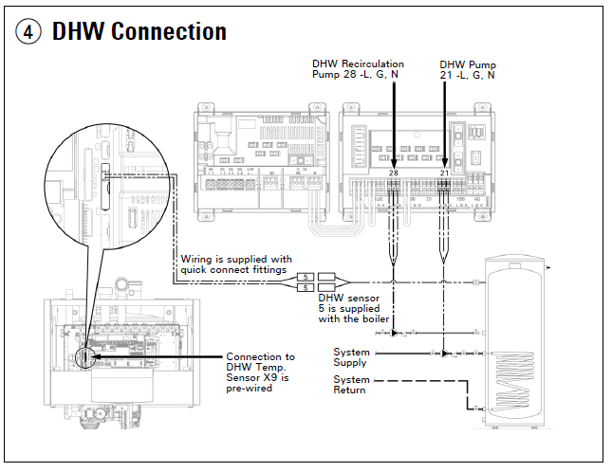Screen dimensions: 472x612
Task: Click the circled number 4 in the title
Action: (29, 31)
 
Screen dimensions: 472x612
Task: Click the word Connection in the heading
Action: (168, 31)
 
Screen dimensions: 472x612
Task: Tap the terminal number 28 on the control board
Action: (392, 172)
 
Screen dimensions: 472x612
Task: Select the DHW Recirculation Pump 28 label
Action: (358, 68)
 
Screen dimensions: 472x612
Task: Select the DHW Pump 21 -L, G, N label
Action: (467, 68)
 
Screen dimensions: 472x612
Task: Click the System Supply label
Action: (350, 356)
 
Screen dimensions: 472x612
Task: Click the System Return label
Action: (350, 385)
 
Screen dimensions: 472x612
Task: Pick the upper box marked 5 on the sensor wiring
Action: (306, 277)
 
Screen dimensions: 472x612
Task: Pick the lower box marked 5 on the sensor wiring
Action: (306, 287)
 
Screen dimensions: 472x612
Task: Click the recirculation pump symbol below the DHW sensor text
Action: (396, 332)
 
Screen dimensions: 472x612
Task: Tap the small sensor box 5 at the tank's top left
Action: (475, 281)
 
